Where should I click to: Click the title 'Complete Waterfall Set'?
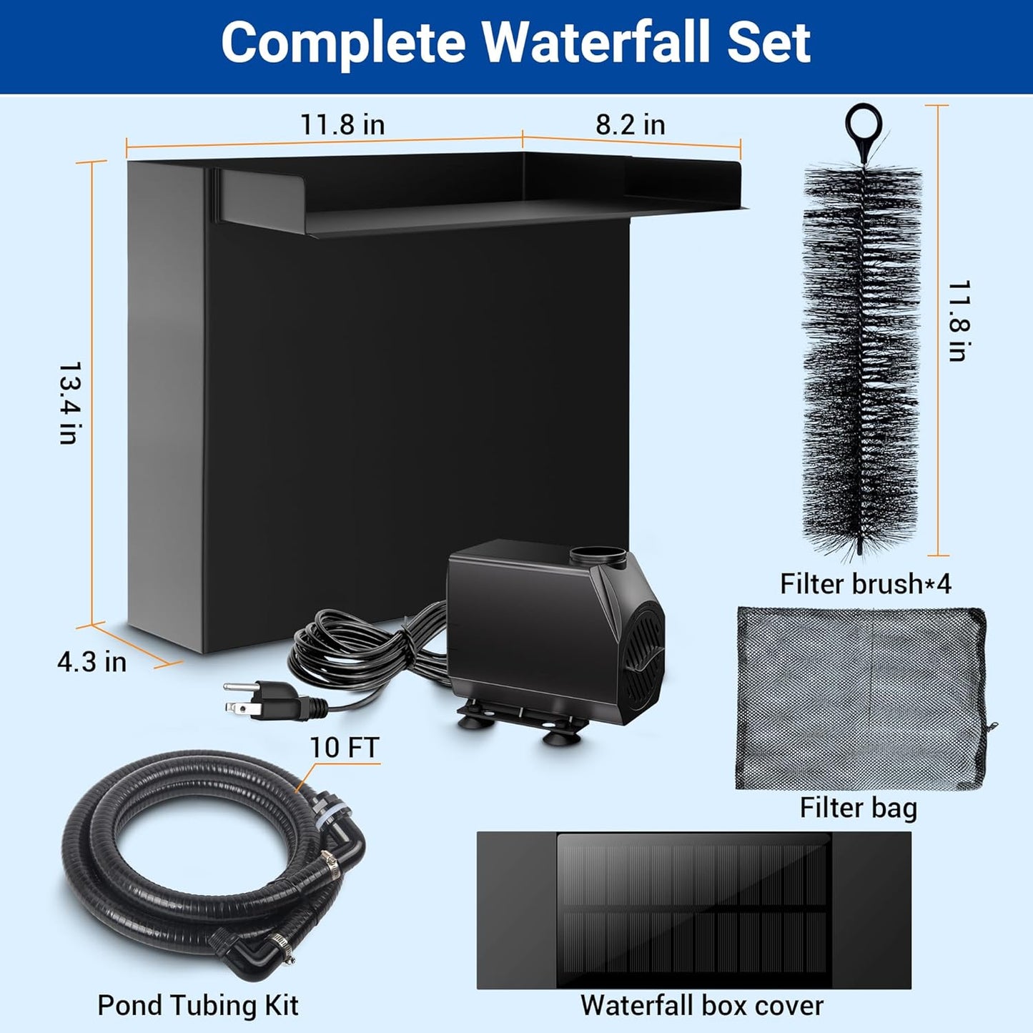[x=515, y=43]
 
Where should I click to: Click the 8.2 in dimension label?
[x=631, y=125]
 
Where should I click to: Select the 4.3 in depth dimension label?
[x=92, y=662]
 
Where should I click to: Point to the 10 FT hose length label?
[x=344, y=748]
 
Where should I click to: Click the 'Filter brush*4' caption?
[x=865, y=584]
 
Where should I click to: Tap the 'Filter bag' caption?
[x=858, y=808]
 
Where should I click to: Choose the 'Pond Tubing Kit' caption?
[x=198, y=1005]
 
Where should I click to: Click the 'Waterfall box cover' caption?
[x=701, y=1006]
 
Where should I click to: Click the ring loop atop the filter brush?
[x=864, y=123]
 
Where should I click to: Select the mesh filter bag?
[x=861, y=698]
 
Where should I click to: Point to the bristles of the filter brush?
[x=861, y=357]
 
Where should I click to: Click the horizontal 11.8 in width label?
[x=342, y=125]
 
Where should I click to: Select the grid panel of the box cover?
[x=693, y=911]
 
